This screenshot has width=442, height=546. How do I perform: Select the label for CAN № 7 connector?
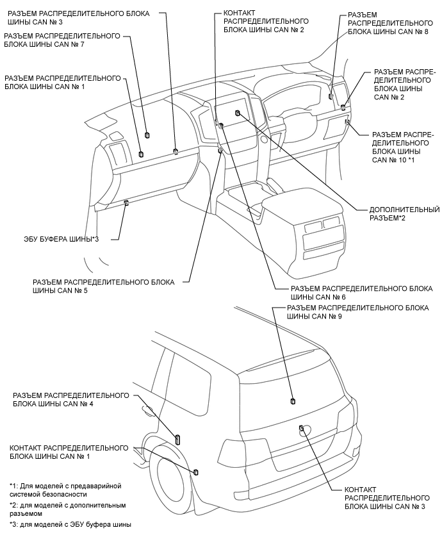pyautogui.click(x=61, y=40)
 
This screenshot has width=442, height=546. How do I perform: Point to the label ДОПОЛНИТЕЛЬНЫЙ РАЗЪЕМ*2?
pyautogui.click(x=404, y=214)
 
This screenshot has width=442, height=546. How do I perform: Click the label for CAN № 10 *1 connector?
pyautogui.click(x=403, y=147)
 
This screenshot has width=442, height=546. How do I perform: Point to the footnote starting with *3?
pyautogui.click(x=70, y=524)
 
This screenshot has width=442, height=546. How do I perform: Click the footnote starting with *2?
pyautogui.click(x=64, y=509)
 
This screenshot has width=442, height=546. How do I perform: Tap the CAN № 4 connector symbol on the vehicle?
pyautogui.click(x=177, y=439)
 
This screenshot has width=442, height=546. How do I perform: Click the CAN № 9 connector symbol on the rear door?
pyautogui.click(x=293, y=401)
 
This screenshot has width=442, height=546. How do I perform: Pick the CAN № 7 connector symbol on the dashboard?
pyautogui.click(x=147, y=135)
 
